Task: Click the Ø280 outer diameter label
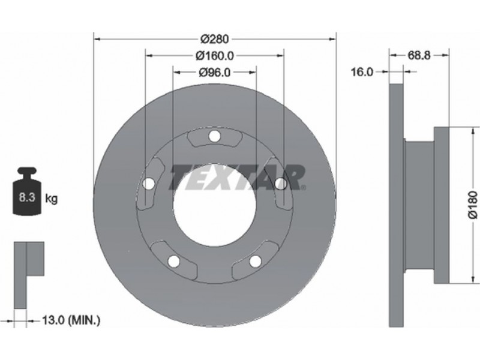click(x=215, y=39)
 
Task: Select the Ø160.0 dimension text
click(x=215, y=56)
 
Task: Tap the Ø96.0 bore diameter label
click(x=215, y=72)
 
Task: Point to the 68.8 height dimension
click(x=419, y=55)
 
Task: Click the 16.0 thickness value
click(x=362, y=72)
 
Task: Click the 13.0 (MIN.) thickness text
click(x=71, y=320)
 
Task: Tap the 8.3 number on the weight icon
click(x=27, y=197)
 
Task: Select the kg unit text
click(x=51, y=199)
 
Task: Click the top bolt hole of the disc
click(x=214, y=136)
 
